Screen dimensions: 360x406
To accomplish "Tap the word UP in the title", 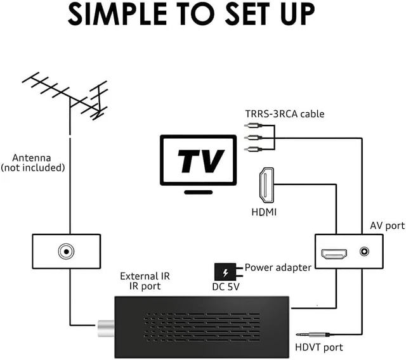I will (315, 15).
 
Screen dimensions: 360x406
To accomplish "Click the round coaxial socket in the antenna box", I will (65, 252).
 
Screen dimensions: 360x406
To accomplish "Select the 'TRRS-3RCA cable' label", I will (285, 114).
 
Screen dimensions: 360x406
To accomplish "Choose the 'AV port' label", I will (387, 225).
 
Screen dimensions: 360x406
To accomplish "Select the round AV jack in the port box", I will (364, 252).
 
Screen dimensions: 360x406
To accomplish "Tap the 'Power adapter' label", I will (278, 267).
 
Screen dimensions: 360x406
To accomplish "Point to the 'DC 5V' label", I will (225, 287).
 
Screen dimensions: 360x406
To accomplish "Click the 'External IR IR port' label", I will (145, 281).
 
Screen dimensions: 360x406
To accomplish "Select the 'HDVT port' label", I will (319, 347).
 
